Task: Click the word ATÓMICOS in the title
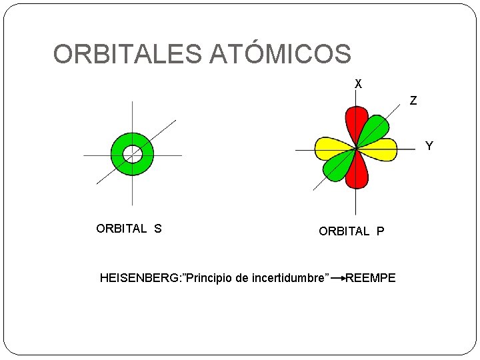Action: [x=280, y=54]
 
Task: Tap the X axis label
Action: [x=359, y=84]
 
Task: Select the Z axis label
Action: [x=413, y=101]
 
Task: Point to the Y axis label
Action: [x=429, y=145]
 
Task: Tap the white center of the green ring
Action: [x=133, y=155]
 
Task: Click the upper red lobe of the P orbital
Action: [x=355, y=124]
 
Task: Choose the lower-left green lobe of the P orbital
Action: [x=337, y=169]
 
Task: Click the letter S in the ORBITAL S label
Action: [x=158, y=229]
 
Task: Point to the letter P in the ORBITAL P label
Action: [x=380, y=231]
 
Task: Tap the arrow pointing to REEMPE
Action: [x=337, y=277]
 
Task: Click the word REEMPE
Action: [x=371, y=277]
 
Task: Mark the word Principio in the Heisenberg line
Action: [x=210, y=277]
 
